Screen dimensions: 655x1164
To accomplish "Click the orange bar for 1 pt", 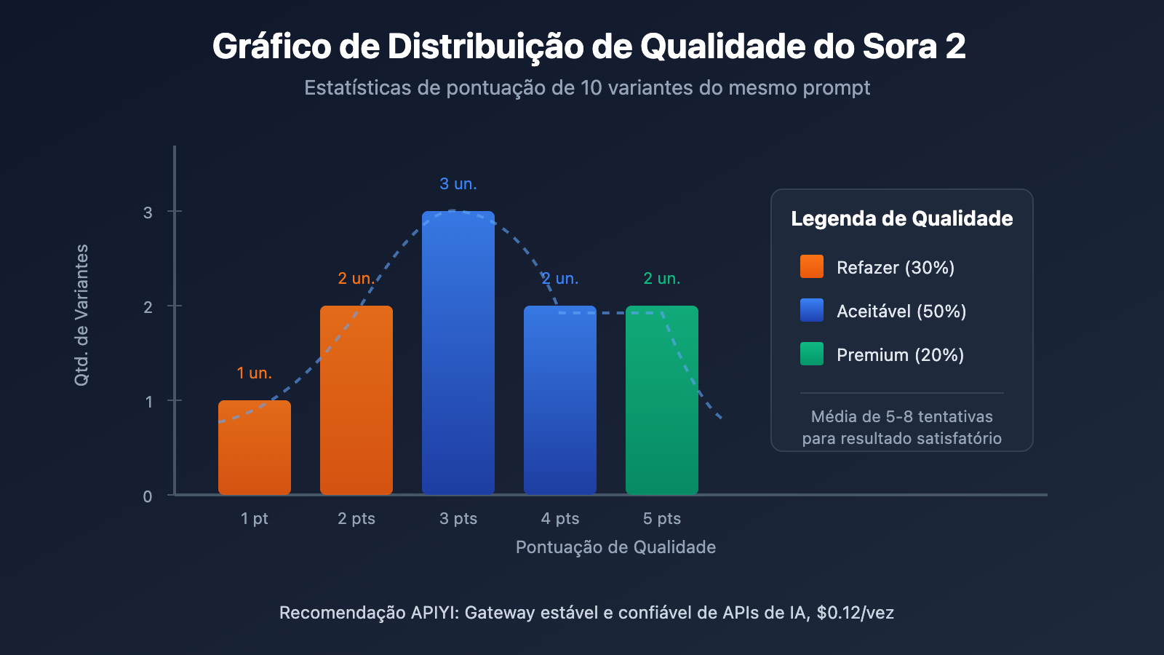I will (x=255, y=448).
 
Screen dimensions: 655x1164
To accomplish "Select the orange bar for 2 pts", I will (x=356, y=400).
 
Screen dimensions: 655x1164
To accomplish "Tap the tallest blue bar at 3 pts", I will (x=458, y=353).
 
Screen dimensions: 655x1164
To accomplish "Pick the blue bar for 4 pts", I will (x=560, y=400).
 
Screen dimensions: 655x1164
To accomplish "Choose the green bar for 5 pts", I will (x=662, y=400).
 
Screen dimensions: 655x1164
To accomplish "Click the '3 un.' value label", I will (x=458, y=184).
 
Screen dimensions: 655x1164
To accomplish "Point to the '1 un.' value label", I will (x=255, y=373).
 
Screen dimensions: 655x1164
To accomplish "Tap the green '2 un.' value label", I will (x=662, y=279).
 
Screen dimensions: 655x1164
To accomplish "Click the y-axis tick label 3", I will (x=148, y=213).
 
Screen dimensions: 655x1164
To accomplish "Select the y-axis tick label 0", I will (x=148, y=496).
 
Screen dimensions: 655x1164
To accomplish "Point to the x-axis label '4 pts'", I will (x=560, y=518).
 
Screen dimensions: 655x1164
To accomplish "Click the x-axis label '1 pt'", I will (x=255, y=518).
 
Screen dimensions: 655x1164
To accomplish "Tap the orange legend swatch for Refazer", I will (x=812, y=266).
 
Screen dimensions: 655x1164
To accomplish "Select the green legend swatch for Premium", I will (x=812, y=354).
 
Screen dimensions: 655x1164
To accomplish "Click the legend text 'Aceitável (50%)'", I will (x=901, y=311).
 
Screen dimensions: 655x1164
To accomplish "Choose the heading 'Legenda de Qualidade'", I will (x=901, y=218).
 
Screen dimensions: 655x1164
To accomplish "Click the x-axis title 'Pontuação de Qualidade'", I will (x=615, y=547).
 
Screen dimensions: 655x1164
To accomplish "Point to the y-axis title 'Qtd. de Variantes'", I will (x=81, y=314).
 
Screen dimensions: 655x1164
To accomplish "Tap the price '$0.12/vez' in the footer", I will (x=855, y=613).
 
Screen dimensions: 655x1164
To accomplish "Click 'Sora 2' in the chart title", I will (x=914, y=47).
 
